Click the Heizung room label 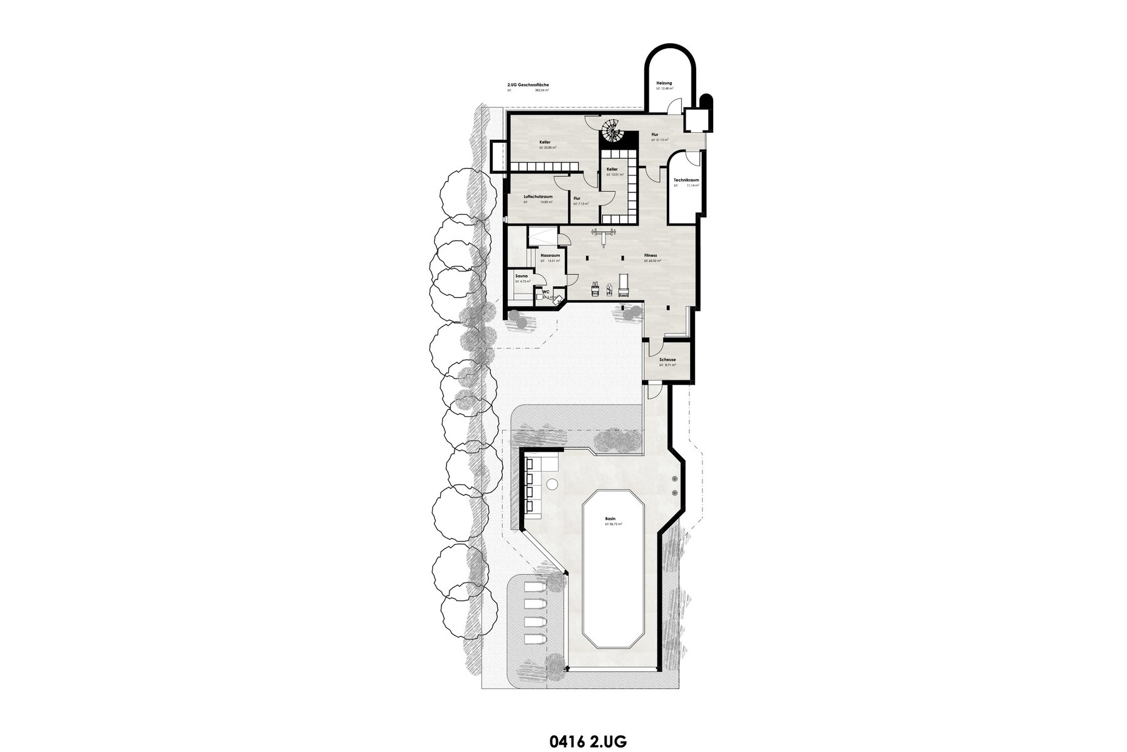tap(664, 83)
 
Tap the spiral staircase tap(610, 132)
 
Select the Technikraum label tap(686, 180)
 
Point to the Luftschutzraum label tap(538, 196)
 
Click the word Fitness tap(651, 256)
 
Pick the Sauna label tap(521, 276)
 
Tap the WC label tap(545, 291)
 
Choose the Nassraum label tap(550, 255)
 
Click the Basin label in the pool tap(610, 518)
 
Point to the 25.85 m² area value tap(549, 148)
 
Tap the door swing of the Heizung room tap(671, 107)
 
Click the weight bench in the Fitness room tap(605, 235)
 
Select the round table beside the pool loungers tap(552, 484)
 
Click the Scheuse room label tap(667, 360)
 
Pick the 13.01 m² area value tap(615, 175)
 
